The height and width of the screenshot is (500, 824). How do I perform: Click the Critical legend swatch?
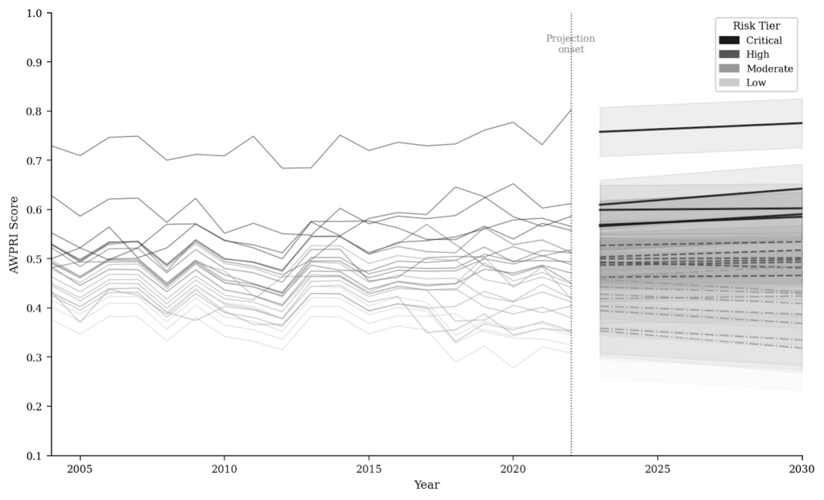tap(729, 40)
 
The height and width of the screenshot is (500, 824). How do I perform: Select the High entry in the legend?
tap(757, 54)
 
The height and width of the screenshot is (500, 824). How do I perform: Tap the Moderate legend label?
tap(769, 68)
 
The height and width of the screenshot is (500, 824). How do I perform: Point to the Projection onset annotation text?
tap(571, 43)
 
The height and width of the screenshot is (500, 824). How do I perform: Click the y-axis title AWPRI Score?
tap(14, 235)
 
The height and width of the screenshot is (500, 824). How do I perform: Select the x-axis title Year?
tap(426, 485)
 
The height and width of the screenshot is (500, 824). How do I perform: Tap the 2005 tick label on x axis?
tap(80, 469)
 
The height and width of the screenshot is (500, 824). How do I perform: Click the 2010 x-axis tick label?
tap(225, 469)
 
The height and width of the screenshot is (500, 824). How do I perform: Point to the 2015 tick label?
tap(369, 469)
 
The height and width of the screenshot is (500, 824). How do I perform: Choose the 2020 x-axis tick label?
tap(513, 469)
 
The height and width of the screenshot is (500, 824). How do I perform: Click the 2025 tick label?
tap(657, 469)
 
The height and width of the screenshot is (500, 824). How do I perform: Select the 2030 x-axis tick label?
tap(801, 469)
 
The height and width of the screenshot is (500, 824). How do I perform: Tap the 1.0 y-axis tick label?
tap(34, 13)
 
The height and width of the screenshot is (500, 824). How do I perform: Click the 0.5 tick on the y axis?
tap(34, 259)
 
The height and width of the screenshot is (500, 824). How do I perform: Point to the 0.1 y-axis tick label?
tap(34, 456)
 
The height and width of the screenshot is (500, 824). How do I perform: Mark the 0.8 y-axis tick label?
tap(34, 111)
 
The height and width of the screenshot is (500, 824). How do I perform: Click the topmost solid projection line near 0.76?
tap(700, 127)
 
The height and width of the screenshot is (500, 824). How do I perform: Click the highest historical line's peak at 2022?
tap(571, 110)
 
